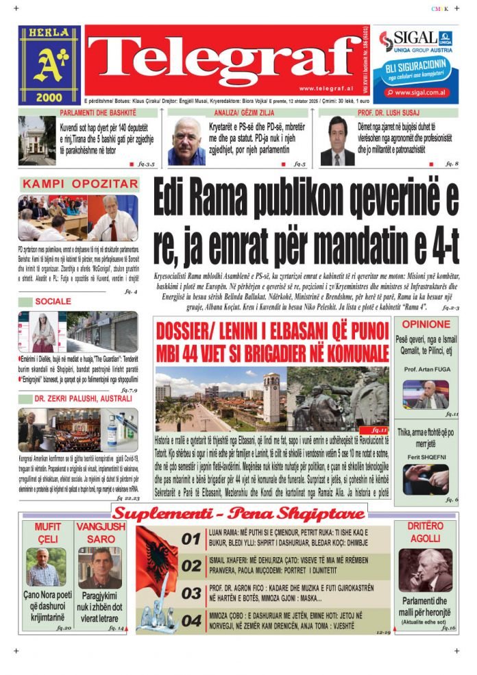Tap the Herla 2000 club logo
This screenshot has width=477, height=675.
click(49, 65)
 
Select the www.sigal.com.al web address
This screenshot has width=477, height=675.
click(420, 92)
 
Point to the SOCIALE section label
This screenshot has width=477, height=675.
click(53, 302)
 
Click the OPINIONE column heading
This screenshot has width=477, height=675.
click(426, 324)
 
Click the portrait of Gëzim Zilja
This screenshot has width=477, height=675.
click(186, 141)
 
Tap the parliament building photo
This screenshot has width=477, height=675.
click(37, 140)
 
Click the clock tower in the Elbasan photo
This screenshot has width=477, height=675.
click(271, 395)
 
